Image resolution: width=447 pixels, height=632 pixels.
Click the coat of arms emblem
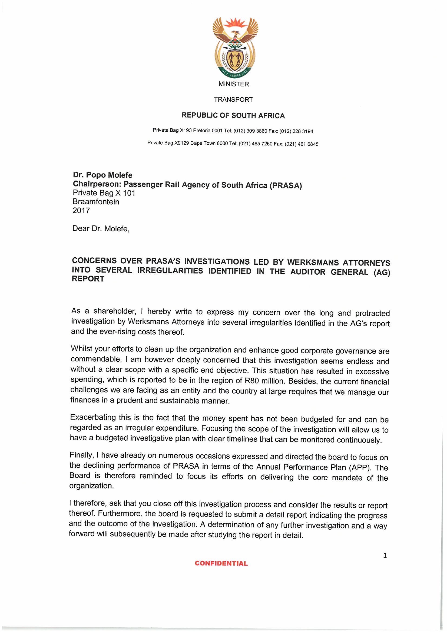point(235,48)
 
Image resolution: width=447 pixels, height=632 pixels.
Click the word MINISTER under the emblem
point(234,84)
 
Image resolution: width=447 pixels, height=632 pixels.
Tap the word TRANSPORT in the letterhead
point(233,100)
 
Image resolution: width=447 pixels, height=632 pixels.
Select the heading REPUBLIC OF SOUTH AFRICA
point(233,115)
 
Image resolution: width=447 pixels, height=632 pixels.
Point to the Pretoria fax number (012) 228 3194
point(296,131)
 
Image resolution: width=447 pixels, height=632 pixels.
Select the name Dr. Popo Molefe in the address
point(102,175)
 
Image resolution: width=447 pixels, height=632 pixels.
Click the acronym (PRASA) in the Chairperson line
point(286,185)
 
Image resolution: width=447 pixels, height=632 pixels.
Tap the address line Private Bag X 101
point(104,193)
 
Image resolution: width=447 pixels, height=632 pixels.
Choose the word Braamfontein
point(96,202)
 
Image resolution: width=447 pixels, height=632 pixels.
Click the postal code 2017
point(81,211)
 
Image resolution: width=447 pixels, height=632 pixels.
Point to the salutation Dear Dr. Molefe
point(101,228)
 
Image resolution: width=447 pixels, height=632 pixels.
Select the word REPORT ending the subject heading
point(88,279)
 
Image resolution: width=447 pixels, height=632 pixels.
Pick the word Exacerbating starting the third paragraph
point(92,417)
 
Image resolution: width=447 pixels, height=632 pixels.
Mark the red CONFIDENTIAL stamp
point(221,563)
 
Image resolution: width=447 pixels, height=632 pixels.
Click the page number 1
point(385,556)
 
